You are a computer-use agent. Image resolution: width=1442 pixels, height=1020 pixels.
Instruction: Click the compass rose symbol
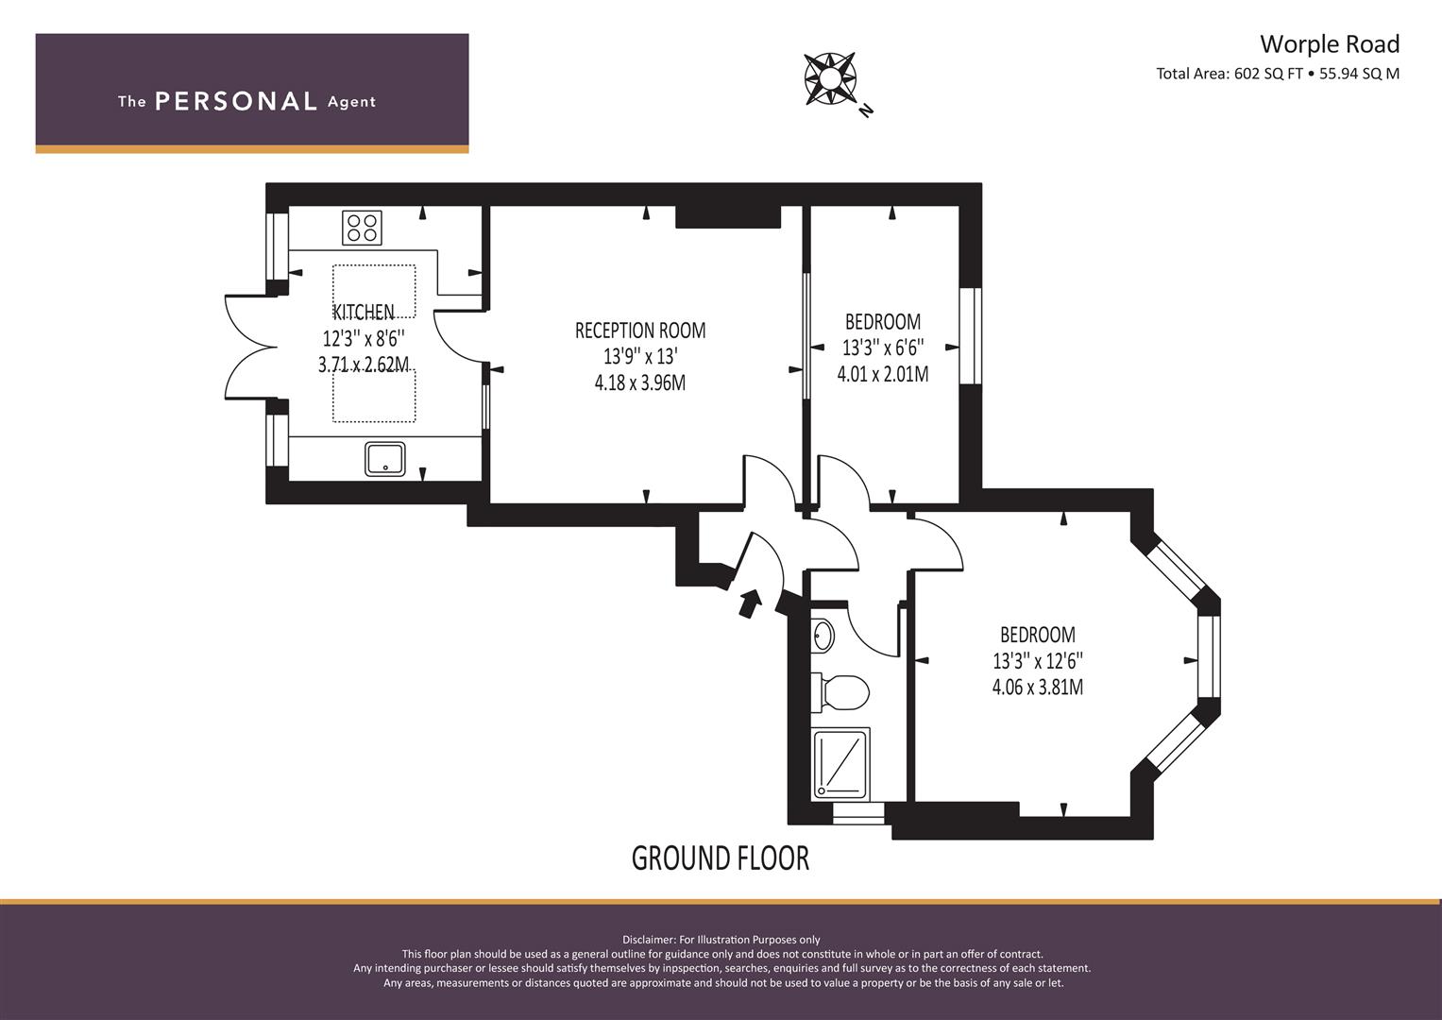(x=830, y=78)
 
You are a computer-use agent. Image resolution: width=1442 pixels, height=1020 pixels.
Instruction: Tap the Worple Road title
(x=1330, y=43)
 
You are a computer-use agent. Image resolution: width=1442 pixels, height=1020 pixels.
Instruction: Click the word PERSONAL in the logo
(x=236, y=101)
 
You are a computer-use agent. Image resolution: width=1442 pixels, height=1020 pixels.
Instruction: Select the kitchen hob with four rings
(x=362, y=228)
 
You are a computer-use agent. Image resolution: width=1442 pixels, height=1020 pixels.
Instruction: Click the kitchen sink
(x=385, y=459)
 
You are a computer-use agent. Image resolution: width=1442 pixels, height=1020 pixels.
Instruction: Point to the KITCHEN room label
(x=363, y=312)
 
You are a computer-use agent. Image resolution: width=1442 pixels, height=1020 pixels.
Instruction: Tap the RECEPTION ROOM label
(x=640, y=331)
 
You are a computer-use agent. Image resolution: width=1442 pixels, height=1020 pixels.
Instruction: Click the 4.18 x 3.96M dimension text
(x=640, y=383)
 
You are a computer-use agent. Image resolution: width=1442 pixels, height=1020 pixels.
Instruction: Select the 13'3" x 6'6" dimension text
(x=883, y=348)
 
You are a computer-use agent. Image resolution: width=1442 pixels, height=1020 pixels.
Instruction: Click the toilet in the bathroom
(x=840, y=693)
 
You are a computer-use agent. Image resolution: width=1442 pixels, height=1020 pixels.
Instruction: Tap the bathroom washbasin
(x=823, y=636)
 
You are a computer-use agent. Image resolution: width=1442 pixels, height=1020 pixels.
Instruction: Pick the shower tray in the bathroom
(x=840, y=764)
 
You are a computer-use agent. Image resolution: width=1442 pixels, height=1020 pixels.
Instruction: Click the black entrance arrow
(x=749, y=603)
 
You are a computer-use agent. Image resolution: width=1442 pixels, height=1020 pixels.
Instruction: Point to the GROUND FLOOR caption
(x=720, y=858)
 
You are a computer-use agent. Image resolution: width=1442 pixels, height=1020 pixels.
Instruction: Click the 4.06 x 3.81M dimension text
(x=1037, y=688)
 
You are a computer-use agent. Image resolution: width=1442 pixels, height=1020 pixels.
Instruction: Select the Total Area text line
(x=1278, y=74)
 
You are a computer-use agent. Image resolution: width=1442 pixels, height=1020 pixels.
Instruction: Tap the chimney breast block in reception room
(x=727, y=217)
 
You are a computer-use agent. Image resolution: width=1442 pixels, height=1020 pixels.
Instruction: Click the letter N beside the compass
(x=867, y=110)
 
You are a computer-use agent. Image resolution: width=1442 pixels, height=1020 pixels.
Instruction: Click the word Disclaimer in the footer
(x=650, y=940)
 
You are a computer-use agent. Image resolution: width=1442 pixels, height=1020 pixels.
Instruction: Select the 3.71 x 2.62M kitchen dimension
(x=363, y=365)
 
